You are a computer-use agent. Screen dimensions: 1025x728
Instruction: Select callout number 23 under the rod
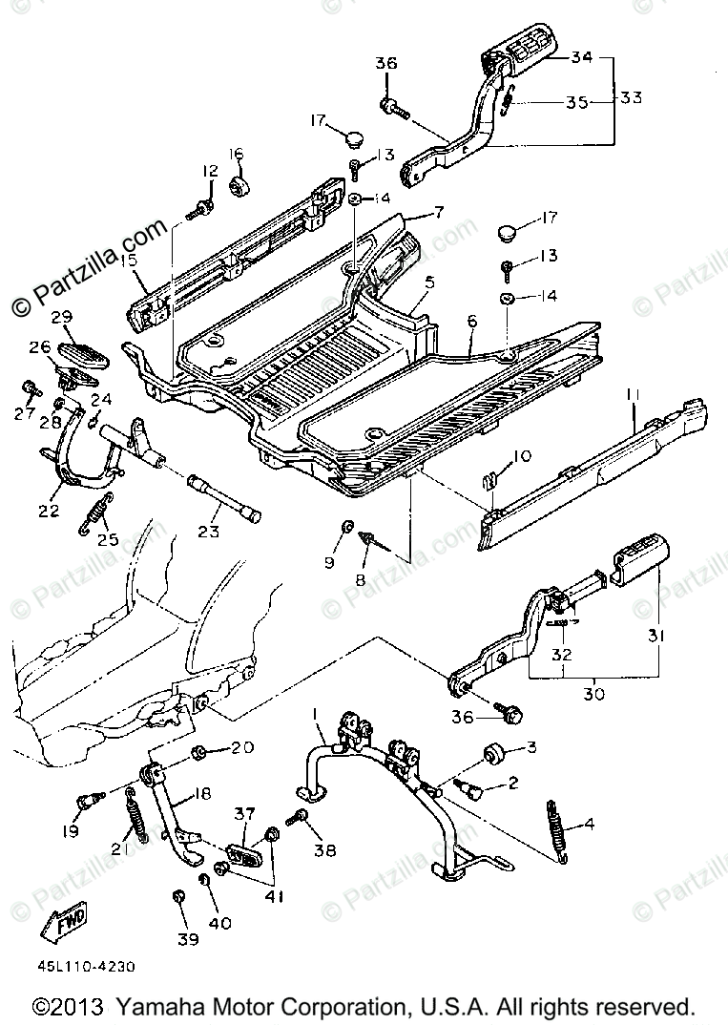pyautogui.click(x=211, y=535)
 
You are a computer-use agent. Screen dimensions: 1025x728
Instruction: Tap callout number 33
pyautogui.click(x=631, y=98)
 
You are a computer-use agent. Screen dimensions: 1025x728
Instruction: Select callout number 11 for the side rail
pyautogui.click(x=634, y=391)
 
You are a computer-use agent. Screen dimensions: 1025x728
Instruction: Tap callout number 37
pyautogui.click(x=245, y=813)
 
